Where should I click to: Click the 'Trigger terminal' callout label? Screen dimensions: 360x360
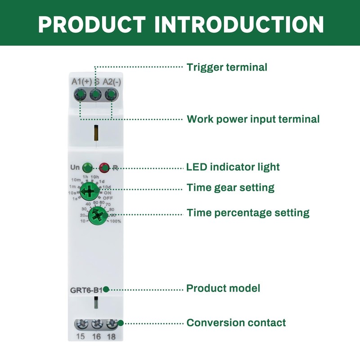[x=227, y=67]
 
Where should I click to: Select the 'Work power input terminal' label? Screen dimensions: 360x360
[x=253, y=119]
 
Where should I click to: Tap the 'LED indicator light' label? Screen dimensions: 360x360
[x=233, y=167]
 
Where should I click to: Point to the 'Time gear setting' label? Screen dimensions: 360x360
[x=230, y=187]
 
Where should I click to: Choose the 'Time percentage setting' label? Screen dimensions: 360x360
[x=248, y=212]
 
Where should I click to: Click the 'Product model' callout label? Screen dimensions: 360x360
[x=223, y=288]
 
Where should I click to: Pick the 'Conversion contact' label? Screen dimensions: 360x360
[x=236, y=323]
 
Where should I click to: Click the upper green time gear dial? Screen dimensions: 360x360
[x=90, y=192]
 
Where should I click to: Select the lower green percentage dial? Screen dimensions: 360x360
[x=97, y=216]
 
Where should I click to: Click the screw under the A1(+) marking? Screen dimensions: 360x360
[x=81, y=95]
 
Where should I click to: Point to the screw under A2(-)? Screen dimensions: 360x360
[x=110, y=95]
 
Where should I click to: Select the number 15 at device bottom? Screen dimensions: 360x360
[x=81, y=337]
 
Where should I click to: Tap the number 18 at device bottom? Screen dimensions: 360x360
[x=111, y=337]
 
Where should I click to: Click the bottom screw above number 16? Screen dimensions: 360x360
[x=96, y=324]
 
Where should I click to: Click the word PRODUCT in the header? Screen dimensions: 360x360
[x=92, y=23]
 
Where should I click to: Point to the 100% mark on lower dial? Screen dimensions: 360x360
[x=116, y=221]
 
